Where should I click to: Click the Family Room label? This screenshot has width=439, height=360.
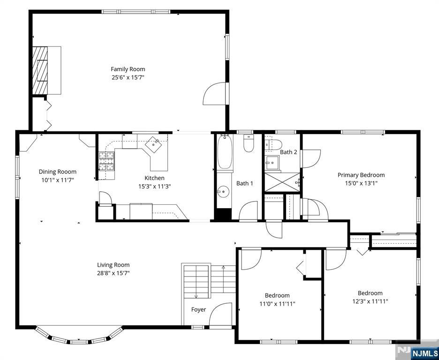tap(128, 69)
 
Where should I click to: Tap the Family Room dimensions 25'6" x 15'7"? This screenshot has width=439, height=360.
tap(128, 77)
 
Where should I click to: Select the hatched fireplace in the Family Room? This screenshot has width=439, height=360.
tap(40, 70)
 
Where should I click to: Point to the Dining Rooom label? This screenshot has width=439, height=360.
tap(57, 172)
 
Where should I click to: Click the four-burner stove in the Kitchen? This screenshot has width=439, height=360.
tap(106, 161)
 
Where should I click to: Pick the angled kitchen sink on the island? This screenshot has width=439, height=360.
tap(153, 144)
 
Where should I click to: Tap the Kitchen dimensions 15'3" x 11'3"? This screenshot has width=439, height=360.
tap(155, 186)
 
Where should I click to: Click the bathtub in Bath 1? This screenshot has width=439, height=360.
tap(225, 151)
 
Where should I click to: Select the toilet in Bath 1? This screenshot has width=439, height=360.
tap(248, 143)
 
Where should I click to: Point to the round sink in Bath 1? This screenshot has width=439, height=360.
tap(223, 192)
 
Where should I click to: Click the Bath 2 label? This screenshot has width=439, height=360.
tap(288, 152)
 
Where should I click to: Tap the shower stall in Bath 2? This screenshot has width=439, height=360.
tap(282, 182)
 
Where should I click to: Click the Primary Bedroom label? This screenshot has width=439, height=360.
tap(361, 175)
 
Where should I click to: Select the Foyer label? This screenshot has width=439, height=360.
tap(198, 310)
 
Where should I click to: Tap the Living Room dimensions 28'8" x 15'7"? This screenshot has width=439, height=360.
tap(114, 273)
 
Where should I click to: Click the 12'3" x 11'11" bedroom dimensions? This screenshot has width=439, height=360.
tap(370, 301)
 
